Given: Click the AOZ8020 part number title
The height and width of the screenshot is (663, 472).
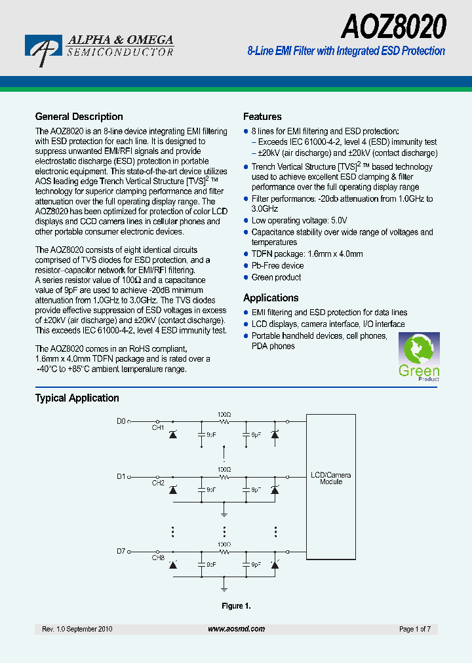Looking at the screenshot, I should click(x=394, y=27).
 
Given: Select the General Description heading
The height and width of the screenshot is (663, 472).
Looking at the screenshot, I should click(x=79, y=117).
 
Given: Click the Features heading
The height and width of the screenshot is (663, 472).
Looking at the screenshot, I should click(x=262, y=117).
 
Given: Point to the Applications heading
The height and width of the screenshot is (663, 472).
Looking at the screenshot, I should click(x=271, y=297).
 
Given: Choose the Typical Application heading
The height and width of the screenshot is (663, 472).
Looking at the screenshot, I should click(x=77, y=398).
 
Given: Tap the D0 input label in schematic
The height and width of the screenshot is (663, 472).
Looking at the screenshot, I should click(x=121, y=421).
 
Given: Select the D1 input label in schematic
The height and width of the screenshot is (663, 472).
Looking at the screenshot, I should click(x=121, y=476).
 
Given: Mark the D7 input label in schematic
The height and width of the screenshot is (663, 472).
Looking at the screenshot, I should click(x=121, y=551).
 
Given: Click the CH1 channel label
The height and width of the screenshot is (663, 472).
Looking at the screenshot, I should click(x=158, y=428).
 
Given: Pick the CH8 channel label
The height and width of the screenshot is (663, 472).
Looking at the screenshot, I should click(x=158, y=558).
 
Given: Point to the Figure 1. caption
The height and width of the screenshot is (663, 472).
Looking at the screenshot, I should click(x=235, y=606).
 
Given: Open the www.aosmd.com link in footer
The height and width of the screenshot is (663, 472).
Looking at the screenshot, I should click(x=236, y=629).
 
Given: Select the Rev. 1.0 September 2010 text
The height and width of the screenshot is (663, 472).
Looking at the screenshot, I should click(x=77, y=629).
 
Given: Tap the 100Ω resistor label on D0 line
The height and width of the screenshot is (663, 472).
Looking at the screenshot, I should click(x=224, y=415).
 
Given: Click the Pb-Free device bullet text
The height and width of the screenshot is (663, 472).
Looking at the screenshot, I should click(x=277, y=265).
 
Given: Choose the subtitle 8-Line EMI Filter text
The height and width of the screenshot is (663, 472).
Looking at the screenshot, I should click(x=346, y=51).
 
